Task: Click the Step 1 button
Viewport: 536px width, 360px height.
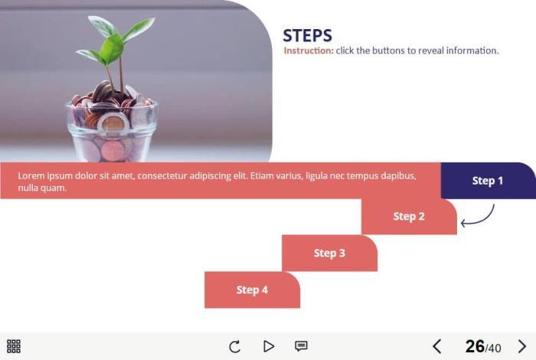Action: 489,181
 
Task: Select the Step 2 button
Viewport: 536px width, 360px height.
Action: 409,217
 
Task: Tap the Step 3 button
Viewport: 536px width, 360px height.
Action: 329,253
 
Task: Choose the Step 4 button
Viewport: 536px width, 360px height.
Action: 252,290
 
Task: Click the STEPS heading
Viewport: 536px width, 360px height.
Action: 307,35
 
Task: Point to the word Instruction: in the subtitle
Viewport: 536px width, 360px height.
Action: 309,51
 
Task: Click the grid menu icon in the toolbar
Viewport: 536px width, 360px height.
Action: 14,346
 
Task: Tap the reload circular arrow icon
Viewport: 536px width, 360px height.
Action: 235,346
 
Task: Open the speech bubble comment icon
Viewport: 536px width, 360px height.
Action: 301,346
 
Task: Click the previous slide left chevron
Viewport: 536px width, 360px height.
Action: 437,346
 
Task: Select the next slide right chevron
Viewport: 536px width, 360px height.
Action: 522,346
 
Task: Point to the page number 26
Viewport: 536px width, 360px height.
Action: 475,346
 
